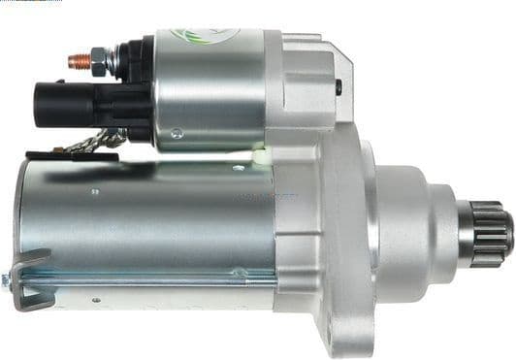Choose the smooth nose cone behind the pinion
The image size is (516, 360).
pos(427,228)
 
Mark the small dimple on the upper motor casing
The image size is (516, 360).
pos(94,191)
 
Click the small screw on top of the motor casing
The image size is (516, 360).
pos(239,167)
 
